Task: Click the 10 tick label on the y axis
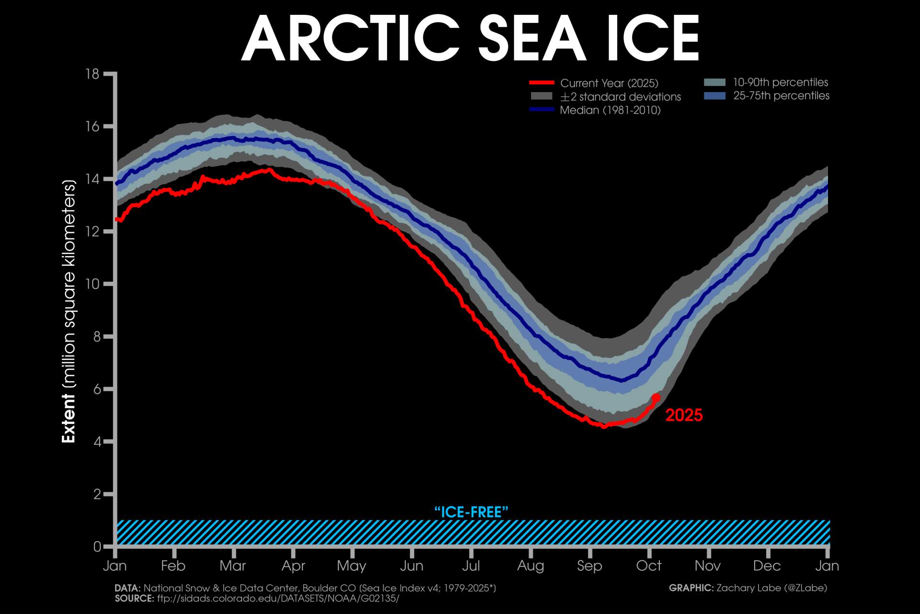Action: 92,284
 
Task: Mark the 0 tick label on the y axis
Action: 97,546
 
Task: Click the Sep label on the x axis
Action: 589,566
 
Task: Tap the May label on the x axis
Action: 352,566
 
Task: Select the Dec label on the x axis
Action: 767,566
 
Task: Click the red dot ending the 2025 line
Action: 656,398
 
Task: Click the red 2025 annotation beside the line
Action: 684,415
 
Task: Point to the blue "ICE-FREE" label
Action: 471,512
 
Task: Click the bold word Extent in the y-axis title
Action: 69,418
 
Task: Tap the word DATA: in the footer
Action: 127,588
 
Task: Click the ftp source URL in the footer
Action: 278,599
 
